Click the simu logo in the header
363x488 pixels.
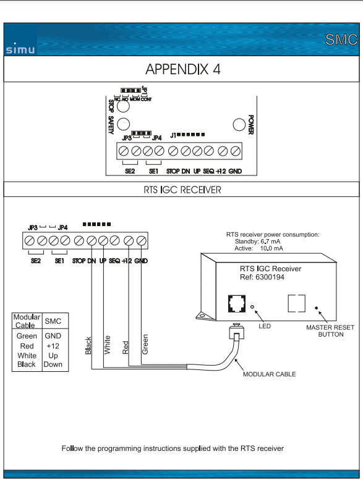tap(20, 49)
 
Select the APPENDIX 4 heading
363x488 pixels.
tap(183, 69)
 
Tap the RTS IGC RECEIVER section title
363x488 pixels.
tap(182, 190)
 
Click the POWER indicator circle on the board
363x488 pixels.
tap(239, 125)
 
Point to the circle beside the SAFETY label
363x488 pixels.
tap(123, 124)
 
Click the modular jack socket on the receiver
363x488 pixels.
tap(237, 303)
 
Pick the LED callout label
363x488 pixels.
tap(265, 326)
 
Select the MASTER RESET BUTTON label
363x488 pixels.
tap(330, 331)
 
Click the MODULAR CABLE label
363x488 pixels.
tap(269, 374)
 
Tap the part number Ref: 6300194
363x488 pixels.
tap(262, 277)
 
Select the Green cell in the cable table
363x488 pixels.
tap(27, 336)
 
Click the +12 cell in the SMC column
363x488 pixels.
tap(53, 346)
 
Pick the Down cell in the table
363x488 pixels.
tap(53, 364)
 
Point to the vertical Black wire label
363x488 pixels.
tap(88, 345)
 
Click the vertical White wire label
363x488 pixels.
tap(107, 345)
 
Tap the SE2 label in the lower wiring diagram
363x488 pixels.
tap(36, 261)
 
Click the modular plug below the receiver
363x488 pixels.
tap(236, 332)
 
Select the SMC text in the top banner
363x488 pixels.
tap(341, 40)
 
